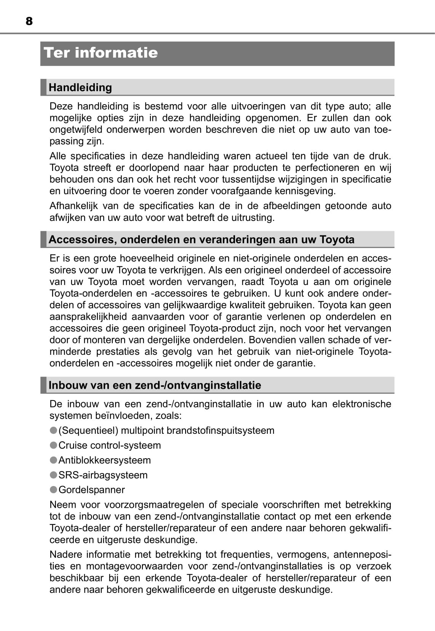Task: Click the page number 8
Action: point(29,21)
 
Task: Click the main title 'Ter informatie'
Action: point(101,53)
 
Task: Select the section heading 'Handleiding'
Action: point(80,87)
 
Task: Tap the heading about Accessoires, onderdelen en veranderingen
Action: point(202,240)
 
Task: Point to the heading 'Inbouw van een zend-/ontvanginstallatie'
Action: point(155,385)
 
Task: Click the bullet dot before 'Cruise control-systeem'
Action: point(53,445)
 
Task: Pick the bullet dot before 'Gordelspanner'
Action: point(53,489)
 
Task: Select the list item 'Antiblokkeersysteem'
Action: point(104,460)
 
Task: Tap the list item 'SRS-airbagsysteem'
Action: point(103,475)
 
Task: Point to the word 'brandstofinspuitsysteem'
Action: point(221,430)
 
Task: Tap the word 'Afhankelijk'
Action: point(73,206)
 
